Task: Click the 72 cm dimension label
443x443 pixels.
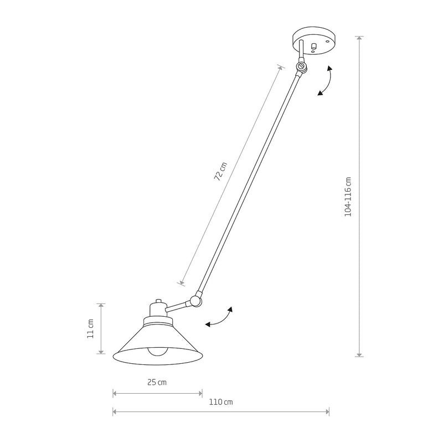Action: (220, 172)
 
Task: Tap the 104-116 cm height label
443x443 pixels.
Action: (348, 197)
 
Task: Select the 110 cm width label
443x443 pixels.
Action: (221, 402)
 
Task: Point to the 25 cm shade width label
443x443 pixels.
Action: (157, 383)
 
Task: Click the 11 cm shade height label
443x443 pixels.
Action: (90, 329)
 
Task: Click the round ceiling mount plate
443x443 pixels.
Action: (313, 40)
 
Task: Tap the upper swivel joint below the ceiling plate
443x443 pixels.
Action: (301, 66)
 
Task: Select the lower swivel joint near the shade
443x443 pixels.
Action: (195, 301)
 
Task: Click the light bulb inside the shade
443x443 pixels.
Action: (157, 351)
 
